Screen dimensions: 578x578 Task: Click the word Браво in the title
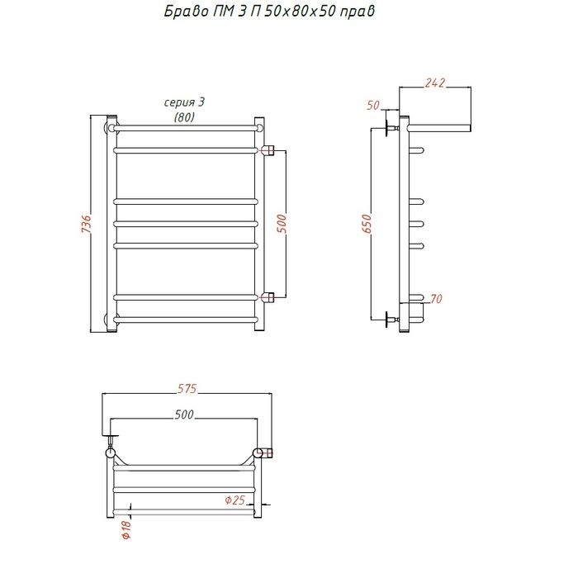tap(186, 11)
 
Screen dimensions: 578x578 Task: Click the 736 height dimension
tap(86, 224)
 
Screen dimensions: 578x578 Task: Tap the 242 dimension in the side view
tap(435, 83)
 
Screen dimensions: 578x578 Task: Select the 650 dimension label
tap(367, 224)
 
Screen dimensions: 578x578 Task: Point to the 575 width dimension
tap(187, 389)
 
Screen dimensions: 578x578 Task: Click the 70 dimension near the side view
tap(436, 299)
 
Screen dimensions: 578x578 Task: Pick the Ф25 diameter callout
tap(235, 500)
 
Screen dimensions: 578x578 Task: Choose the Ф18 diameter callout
tap(126, 530)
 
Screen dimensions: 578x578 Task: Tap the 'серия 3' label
tap(184, 102)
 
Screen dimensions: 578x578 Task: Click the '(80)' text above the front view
tap(184, 117)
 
